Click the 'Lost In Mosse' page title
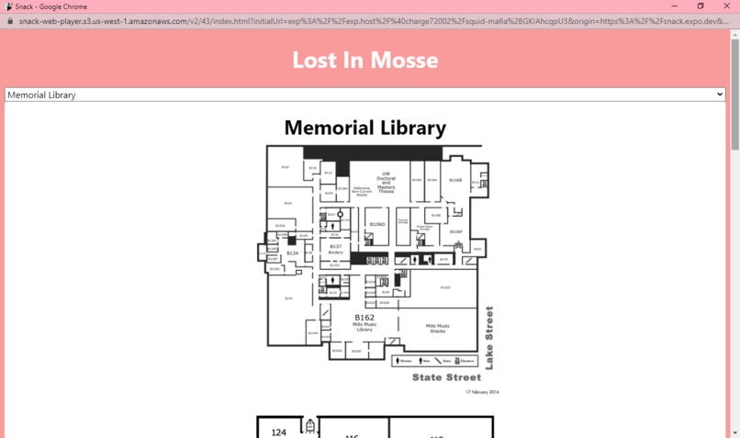coord(364,60)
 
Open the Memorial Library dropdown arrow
coord(719,95)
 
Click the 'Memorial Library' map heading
coord(364,128)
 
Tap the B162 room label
coord(364,318)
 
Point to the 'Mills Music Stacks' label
coord(437,328)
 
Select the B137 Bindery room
coord(335,248)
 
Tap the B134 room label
coord(292,253)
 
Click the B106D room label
coord(376,224)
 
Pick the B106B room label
coord(455,180)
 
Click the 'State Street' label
coord(446,377)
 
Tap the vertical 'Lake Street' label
coord(489,338)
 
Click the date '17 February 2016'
coord(482,392)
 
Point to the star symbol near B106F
coord(458,245)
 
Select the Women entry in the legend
coord(402,361)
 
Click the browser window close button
coord(726,6)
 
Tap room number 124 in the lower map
coord(279,432)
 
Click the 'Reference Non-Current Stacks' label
coord(361,191)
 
